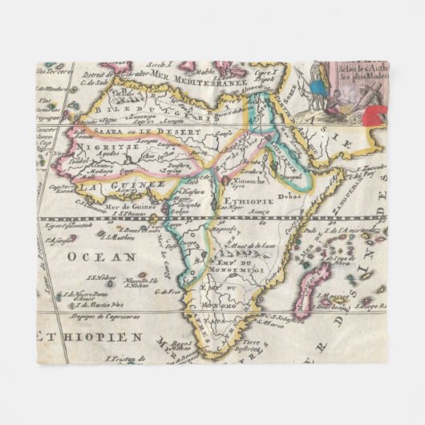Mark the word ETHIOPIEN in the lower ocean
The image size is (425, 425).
point(96,336)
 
